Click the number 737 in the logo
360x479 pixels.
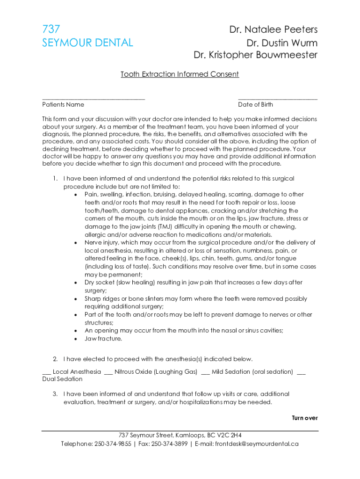(x=51, y=29)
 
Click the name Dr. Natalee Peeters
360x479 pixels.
(x=273, y=30)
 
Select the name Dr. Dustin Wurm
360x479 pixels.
(x=282, y=43)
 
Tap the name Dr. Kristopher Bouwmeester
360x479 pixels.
(x=255, y=55)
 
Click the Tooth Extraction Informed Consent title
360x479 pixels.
(x=180, y=74)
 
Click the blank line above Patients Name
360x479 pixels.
(x=94, y=98)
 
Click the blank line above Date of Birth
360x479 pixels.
(x=278, y=98)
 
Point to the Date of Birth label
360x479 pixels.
(x=255, y=105)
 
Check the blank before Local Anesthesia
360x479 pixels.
(x=46, y=372)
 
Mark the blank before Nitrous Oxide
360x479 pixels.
(x=108, y=372)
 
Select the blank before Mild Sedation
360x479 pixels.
(x=205, y=372)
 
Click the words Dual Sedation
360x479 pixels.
(x=62, y=379)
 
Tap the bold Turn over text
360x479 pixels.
(x=305, y=418)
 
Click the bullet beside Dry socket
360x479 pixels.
(x=76, y=283)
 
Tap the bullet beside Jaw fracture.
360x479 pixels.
(x=76, y=339)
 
